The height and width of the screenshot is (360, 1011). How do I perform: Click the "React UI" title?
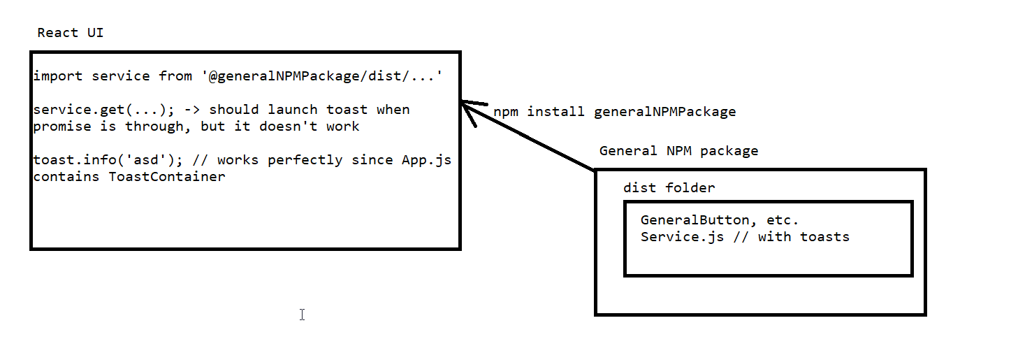(71, 33)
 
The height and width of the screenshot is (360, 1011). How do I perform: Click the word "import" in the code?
(58, 75)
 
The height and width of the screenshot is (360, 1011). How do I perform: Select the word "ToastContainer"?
(167, 177)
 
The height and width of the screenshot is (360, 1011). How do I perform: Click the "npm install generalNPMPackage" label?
(615, 112)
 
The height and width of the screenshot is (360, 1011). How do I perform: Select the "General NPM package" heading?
(678, 151)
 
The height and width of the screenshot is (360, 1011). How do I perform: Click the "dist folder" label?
(669, 188)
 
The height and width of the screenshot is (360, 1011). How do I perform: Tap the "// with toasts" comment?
(791, 237)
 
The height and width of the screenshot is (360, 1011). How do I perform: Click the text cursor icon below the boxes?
(302, 315)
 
